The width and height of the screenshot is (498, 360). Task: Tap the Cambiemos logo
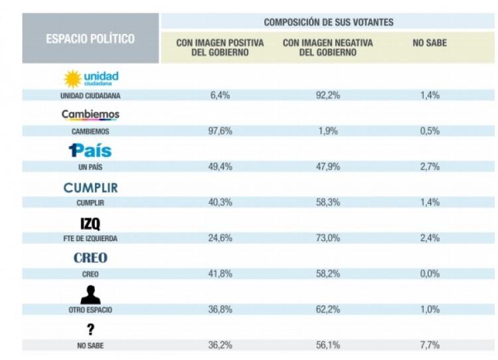pos(90,115)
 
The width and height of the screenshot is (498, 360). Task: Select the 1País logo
pos(90,150)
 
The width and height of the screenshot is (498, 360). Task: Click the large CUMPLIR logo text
pos(90,187)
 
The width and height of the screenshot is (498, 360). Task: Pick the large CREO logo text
pos(90,258)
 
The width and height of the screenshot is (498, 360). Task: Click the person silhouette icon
pos(90,294)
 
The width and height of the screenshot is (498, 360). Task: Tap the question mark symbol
pos(90,329)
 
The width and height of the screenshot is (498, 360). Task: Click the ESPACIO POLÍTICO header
pos(90,39)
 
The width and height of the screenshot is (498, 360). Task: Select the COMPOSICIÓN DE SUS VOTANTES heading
pos(328,22)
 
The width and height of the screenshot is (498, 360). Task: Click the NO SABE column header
pos(430,43)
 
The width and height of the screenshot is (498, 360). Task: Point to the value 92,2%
pos(328,95)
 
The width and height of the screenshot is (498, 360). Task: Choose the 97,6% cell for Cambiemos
pos(220,131)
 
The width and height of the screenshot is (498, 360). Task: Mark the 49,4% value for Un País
pos(220,167)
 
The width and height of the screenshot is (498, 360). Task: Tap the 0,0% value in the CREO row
pos(430,274)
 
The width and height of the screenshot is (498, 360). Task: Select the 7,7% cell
pos(430,345)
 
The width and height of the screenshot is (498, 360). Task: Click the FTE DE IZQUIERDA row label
pos(90,238)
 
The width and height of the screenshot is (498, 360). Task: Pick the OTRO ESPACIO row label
pos(90,310)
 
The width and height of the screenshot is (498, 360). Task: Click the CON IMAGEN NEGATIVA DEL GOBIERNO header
pos(328,47)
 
